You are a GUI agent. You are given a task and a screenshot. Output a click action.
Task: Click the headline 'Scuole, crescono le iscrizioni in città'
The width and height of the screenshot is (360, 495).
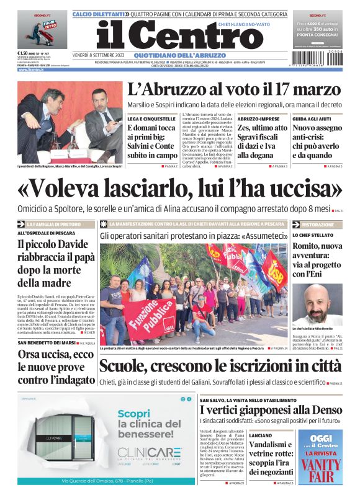(x=220, y=366)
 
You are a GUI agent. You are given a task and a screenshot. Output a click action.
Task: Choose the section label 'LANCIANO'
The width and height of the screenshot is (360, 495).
(x=261, y=435)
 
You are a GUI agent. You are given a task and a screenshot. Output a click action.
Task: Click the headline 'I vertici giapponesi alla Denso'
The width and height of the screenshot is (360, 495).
(x=271, y=410)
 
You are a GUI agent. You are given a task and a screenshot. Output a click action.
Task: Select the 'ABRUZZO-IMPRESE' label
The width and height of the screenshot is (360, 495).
(x=256, y=118)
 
